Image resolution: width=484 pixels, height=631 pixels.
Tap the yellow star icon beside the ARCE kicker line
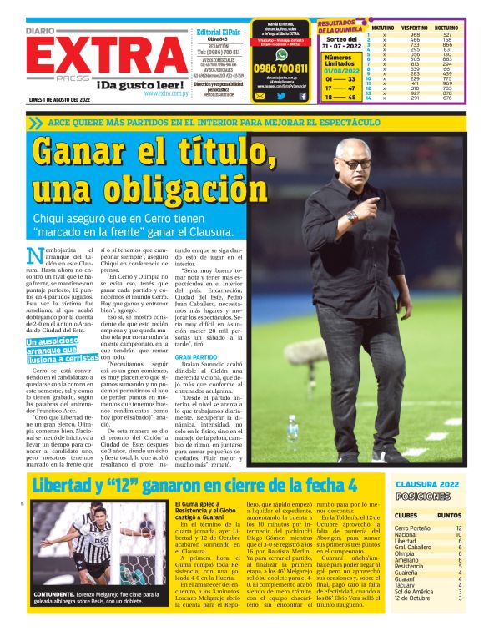click(x=34, y=122)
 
